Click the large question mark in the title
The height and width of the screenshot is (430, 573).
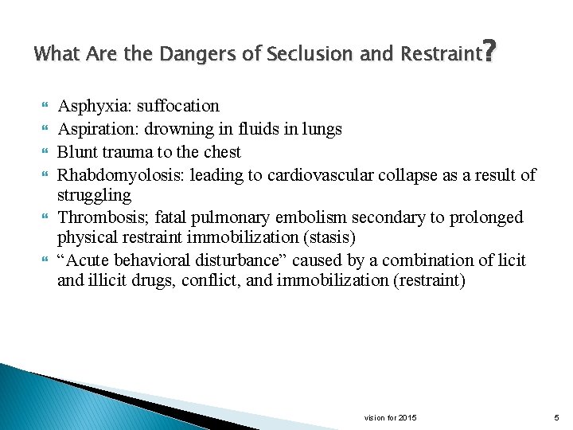click(490, 53)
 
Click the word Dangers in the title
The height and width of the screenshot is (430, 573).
click(190, 55)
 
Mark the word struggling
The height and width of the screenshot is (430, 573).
click(94, 195)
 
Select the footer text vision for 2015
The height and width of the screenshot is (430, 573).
click(390, 417)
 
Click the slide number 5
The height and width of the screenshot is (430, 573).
click(556, 417)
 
